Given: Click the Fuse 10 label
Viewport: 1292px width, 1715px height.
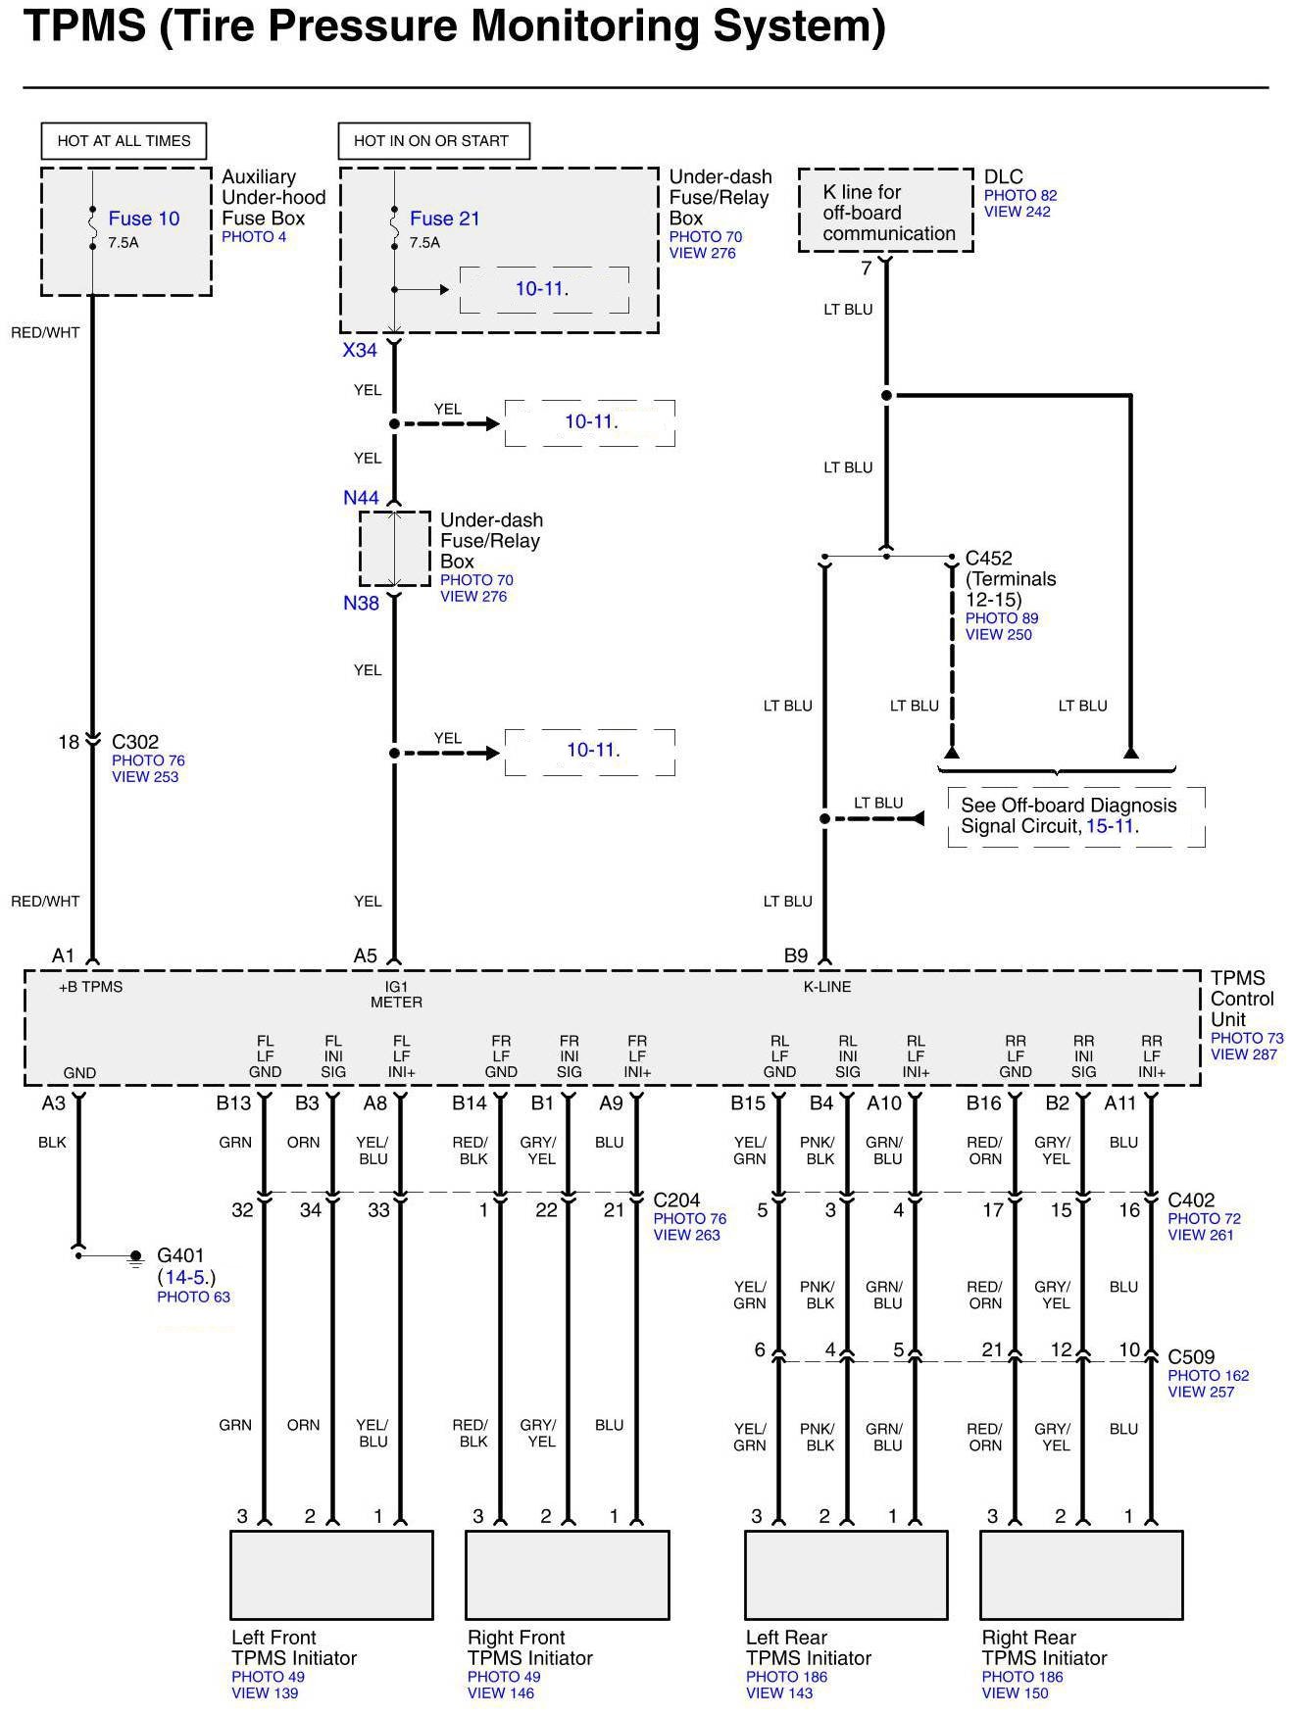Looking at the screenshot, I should click(143, 219).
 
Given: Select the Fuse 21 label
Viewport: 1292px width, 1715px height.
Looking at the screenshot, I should click(444, 219).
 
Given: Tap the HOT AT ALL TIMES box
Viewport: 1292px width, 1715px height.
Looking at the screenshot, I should click(124, 141).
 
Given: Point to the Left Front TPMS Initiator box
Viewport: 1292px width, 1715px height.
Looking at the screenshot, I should click(331, 1575).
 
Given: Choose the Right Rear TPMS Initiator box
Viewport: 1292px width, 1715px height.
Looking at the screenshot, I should click(1081, 1575).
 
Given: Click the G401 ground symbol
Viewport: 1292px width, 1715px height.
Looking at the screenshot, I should click(135, 1256).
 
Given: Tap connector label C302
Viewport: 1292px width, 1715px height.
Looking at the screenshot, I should click(134, 742).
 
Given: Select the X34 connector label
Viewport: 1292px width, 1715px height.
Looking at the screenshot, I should click(360, 350).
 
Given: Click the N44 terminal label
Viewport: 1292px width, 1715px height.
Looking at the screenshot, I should click(361, 498).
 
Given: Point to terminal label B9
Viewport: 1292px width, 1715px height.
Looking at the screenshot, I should click(795, 955).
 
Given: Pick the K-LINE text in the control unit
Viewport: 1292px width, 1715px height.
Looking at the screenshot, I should click(827, 987).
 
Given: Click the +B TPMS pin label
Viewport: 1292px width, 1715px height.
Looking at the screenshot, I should click(90, 987).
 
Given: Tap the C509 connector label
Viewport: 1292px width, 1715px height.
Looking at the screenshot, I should click(1191, 1357).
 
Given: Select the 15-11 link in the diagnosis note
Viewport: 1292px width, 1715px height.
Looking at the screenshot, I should click(1110, 826).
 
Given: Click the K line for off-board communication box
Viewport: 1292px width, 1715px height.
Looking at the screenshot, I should click(885, 212).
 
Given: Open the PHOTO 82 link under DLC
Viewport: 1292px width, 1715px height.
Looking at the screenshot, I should click(1020, 196).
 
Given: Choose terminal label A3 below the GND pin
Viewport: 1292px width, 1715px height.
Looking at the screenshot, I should click(53, 1103).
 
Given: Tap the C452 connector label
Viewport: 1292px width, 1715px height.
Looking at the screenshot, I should click(988, 559).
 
